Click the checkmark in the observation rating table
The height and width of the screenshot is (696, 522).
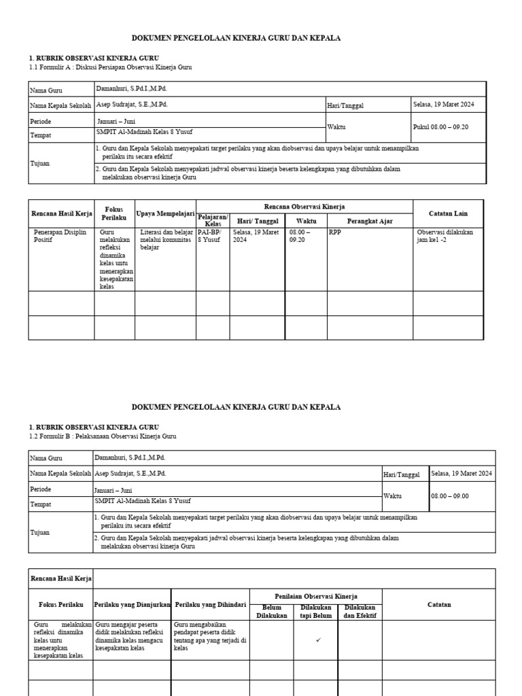(319, 640)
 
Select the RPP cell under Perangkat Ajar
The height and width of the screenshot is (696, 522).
(335, 232)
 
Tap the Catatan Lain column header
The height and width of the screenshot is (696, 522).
(448, 213)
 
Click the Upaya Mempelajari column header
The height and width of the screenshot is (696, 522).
(166, 213)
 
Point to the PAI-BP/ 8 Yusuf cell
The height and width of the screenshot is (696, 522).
(212, 237)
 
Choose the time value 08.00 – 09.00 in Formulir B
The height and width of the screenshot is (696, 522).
(450, 496)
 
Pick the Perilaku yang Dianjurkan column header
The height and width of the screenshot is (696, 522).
(132, 604)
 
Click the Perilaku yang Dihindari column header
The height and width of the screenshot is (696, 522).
(210, 604)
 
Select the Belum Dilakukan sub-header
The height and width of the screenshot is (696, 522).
(271, 612)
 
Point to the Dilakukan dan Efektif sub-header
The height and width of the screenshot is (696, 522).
(360, 612)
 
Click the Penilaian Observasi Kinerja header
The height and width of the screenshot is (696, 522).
(316, 596)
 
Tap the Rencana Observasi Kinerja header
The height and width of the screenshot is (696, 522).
(304, 206)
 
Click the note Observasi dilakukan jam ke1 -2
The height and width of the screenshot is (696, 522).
(445, 237)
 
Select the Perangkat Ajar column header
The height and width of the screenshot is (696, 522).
(369, 221)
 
